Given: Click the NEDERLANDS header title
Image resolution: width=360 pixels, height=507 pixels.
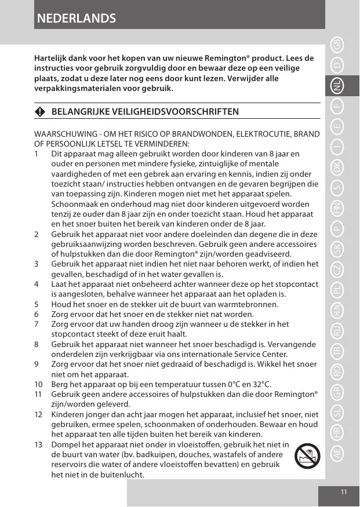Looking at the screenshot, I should click(76, 19).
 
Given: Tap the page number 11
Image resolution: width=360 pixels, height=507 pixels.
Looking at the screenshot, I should click(344, 492).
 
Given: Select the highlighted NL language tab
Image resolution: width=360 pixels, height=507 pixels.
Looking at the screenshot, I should click(337, 86).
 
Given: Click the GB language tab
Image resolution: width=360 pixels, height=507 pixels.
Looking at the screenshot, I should click(337, 43).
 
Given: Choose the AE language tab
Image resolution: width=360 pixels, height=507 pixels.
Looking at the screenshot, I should click(337, 454).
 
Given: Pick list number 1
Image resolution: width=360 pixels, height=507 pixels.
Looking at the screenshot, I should click(37, 154).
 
